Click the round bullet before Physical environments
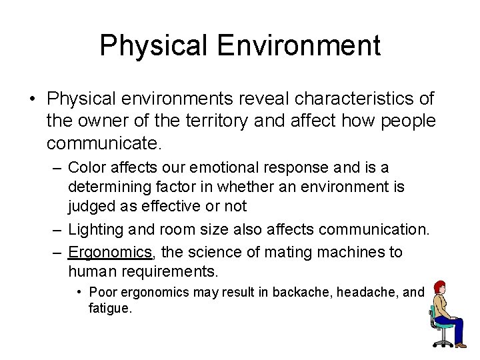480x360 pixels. tap(32, 99)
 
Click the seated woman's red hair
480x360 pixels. tap(440, 287)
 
